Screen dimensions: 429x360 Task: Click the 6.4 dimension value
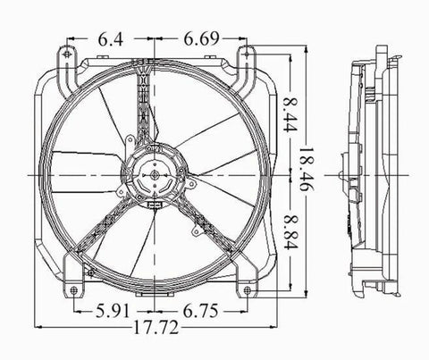[111, 39]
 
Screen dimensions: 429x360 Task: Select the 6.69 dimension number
[201, 39]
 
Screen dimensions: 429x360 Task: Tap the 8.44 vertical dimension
[290, 114]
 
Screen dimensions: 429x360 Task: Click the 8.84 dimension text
[290, 231]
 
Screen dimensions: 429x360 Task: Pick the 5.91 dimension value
[114, 311]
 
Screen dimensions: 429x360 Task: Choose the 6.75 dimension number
[200, 311]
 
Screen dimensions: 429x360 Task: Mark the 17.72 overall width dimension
[156, 327]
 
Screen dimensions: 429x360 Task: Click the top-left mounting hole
[67, 54]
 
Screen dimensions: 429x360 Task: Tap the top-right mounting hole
[247, 54]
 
